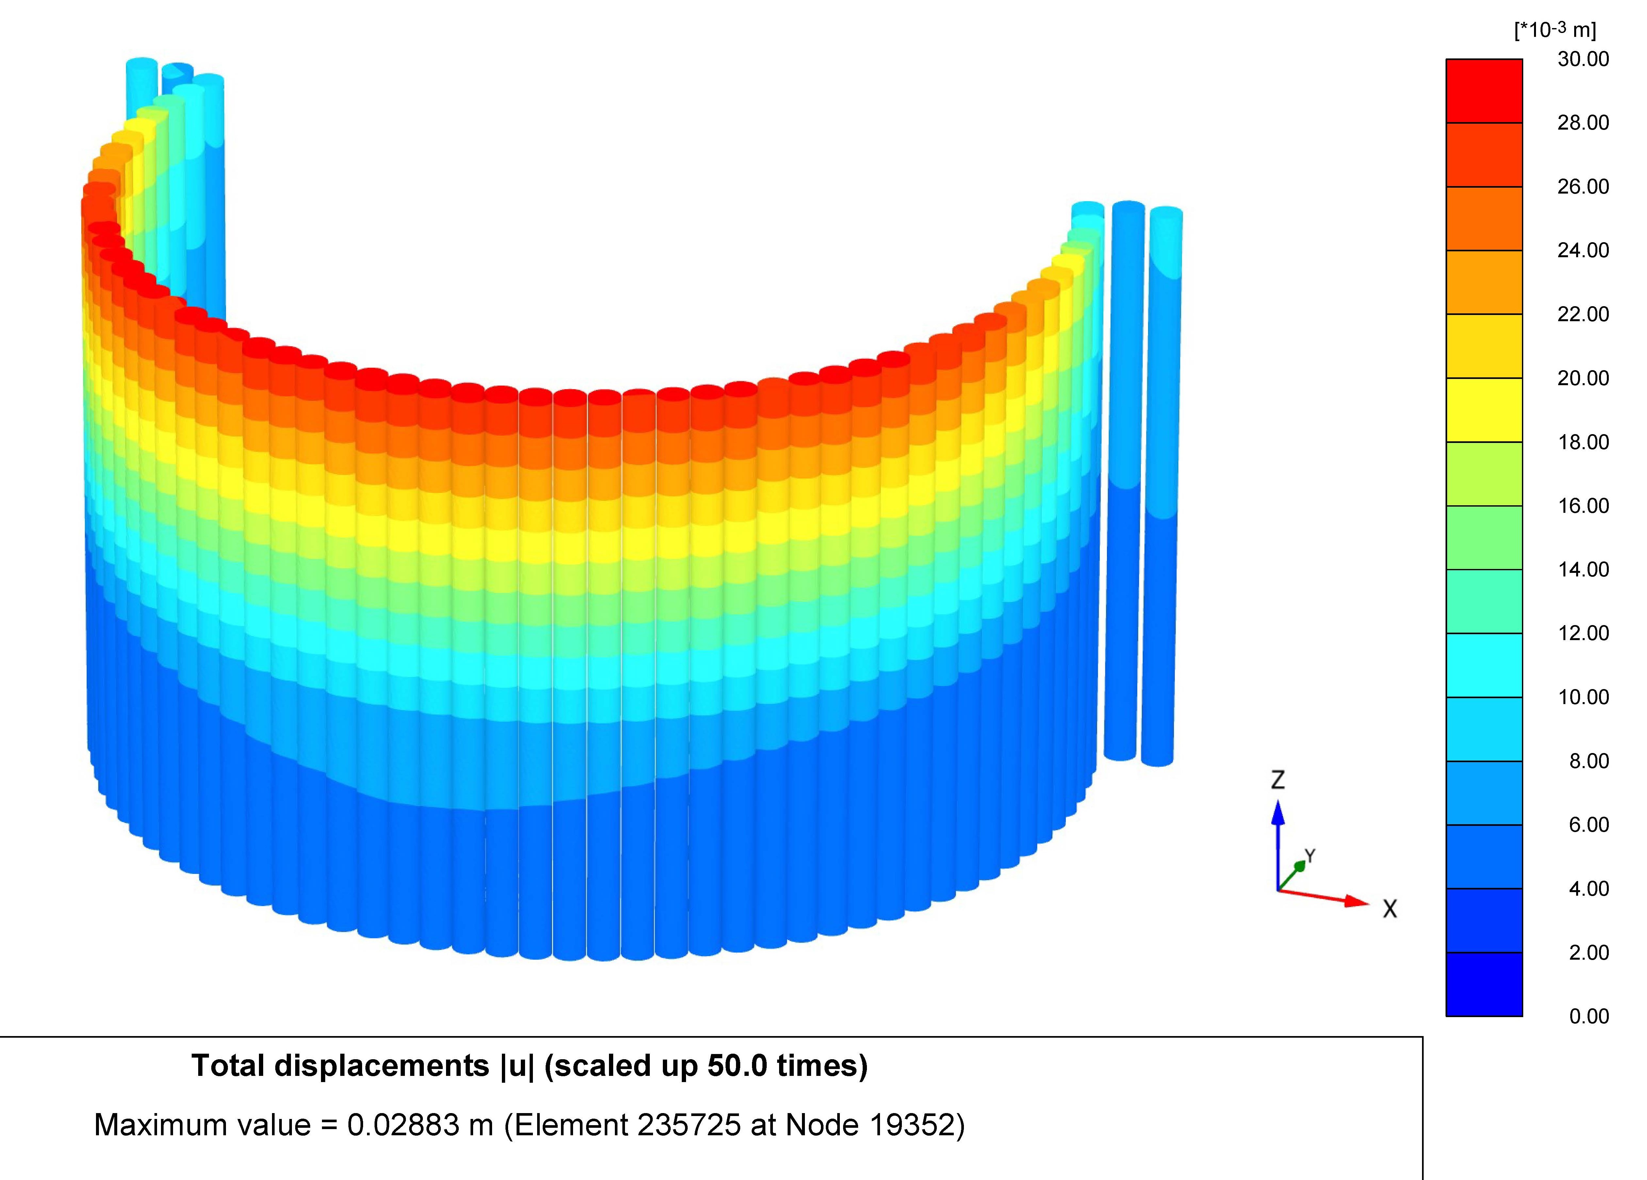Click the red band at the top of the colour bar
(x=1484, y=91)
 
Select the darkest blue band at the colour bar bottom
(x=1484, y=984)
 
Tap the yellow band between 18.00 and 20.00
(x=1484, y=410)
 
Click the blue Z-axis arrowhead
(x=1278, y=813)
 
